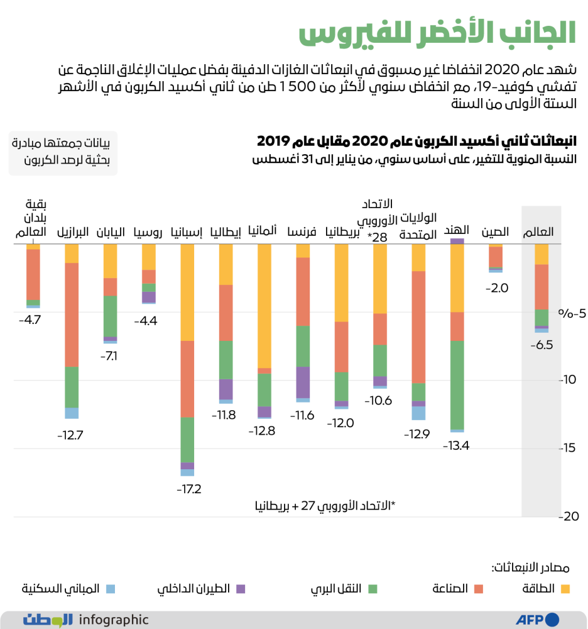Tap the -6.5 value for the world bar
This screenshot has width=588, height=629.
(541, 345)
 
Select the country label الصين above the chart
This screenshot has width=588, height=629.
(495, 232)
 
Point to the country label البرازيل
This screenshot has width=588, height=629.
(73, 232)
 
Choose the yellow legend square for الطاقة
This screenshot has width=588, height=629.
(565, 589)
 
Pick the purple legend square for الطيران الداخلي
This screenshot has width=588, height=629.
(241, 589)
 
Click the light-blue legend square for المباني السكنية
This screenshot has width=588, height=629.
(111, 589)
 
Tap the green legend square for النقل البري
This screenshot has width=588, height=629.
(372, 589)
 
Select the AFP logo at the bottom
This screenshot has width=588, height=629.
(537, 620)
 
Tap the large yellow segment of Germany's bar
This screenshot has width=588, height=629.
(264, 305)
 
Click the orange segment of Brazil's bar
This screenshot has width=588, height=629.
(72, 314)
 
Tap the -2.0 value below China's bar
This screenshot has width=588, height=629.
(496, 288)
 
